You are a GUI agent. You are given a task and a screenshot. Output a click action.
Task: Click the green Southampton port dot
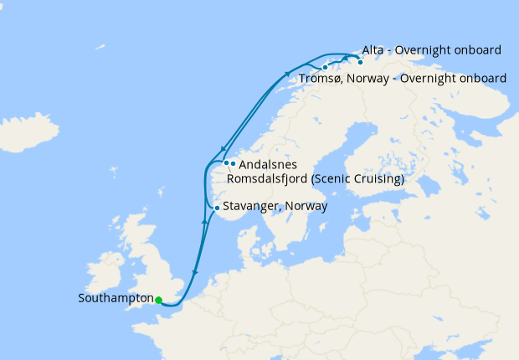click(158, 300)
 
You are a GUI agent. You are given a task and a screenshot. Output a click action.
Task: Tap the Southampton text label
click(116, 298)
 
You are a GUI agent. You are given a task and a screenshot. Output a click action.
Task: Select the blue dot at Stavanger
click(217, 208)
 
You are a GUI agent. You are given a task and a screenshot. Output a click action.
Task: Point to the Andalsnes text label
click(268, 165)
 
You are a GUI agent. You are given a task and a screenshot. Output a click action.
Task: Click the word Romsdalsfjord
click(267, 179)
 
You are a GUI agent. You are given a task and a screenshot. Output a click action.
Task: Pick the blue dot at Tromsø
click(325, 67)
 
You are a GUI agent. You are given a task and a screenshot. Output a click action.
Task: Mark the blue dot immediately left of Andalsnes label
click(226, 162)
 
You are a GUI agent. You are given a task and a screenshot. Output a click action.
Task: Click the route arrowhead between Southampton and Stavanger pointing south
click(194, 272)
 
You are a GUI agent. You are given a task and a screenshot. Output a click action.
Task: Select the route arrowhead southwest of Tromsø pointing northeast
click(287, 74)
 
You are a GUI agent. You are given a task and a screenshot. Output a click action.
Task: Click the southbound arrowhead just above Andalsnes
click(223, 148)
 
